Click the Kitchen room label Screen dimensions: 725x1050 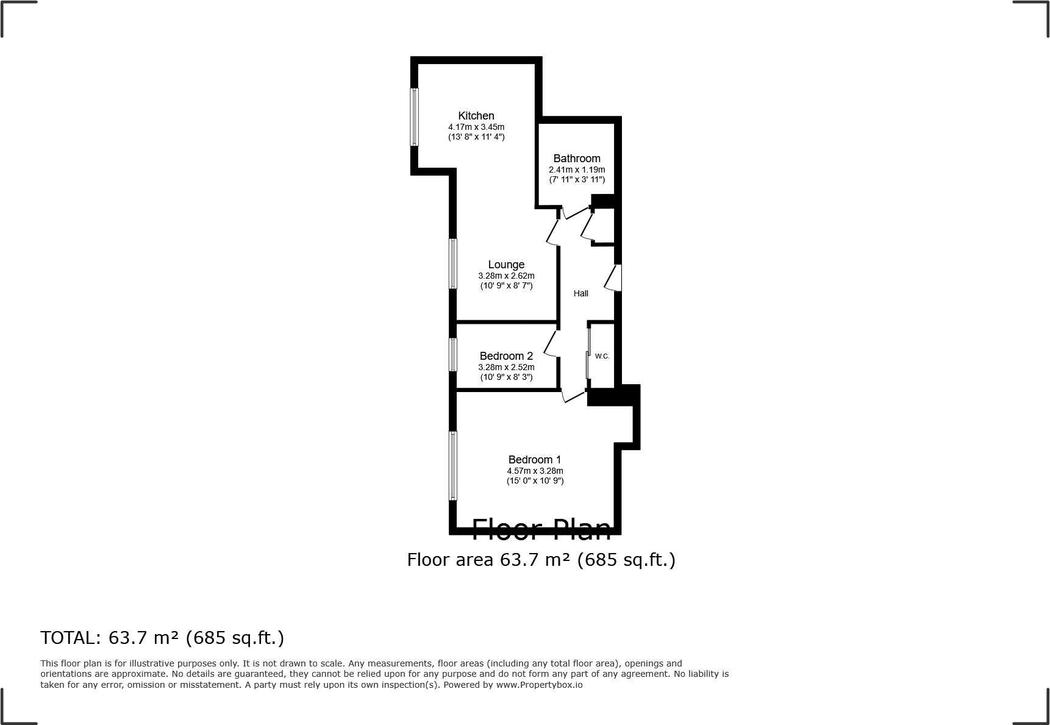pyautogui.click(x=476, y=116)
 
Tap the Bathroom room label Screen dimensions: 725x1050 pyautogui.click(x=577, y=159)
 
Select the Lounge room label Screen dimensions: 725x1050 pyautogui.click(x=506, y=265)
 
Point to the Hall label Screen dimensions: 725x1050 pyautogui.click(x=581, y=293)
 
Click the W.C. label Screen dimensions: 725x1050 pyautogui.click(x=602, y=356)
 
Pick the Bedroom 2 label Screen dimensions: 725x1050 pyautogui.click(x=506, y=356)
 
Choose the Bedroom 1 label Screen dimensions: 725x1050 pyautogui.click(x=535, y=460)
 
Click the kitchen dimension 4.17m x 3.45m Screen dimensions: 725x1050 pyautogui.click(x=476, y=127)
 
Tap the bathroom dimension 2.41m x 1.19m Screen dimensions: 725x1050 pyautogui.click(x=577, y=170)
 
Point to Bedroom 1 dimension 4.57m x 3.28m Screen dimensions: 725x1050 pyautogui.click(x=535, y=471)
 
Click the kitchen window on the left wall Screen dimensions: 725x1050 pyautogui.click(x=415, y=117)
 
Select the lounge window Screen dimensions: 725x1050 pyautogui.click(x=453, y=263)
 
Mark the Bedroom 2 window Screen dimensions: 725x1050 pyautogui.click(x=453, y=355)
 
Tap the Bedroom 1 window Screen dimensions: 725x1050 pyautogui.click(x=453, y=466)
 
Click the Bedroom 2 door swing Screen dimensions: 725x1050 pyautogui.click(x=550, y=345)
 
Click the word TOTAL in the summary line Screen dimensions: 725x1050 pyautogui.click(x=66, y=638)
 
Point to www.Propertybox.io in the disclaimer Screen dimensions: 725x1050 pyautogui.click(x=539, y=685)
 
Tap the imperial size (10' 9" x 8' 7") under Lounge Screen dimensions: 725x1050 pyautogui.click(x=506, y=285)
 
